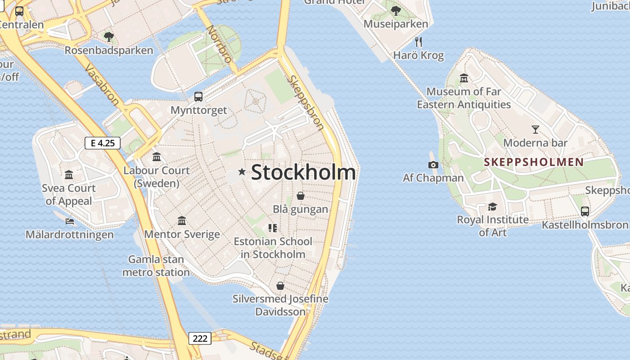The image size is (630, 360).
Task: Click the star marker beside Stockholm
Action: [x=242, y=171]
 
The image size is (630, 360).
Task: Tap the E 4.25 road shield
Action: [x=103, y=143]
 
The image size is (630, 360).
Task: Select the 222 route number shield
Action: [x=199, y=338]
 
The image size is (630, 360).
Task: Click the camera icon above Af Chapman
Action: [x=433, y=165]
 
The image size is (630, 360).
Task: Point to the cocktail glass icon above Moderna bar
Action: [x=535, y=130]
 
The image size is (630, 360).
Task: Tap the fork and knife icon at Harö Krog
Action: [x=418, y=42]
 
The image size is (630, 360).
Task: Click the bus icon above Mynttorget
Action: [x=198, y=96]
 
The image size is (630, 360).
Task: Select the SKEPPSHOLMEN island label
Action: [x=534, y=162]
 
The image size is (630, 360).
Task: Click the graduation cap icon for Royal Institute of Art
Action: [x=493, y=207]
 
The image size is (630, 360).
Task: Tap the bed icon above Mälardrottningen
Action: [x=70, y=221]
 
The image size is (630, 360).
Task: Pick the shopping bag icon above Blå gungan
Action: [x=300, y=196]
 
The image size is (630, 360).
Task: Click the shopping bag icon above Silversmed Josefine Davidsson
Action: [x=280, y=286]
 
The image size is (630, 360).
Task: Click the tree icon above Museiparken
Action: [x=396, y=10]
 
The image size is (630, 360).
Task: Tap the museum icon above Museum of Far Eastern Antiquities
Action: [x=464, y=78]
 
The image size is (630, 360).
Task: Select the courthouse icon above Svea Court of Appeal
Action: [x=69, y=175]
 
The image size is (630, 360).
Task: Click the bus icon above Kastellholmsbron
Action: [x=585, y=211]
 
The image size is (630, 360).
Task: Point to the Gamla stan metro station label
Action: [x=156, y=265]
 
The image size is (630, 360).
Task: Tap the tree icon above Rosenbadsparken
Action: [x=108, y=36]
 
